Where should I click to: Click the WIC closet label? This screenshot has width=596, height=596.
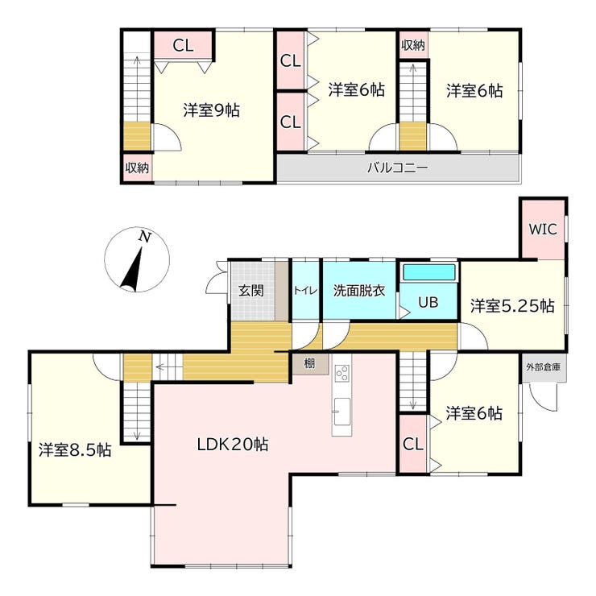(x=543, y=230)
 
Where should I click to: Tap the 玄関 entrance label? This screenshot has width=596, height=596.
(x=250, y=291)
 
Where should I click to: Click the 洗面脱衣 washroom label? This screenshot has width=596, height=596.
(x=359, y=291)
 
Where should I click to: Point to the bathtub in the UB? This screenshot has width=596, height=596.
(x=429, y=272)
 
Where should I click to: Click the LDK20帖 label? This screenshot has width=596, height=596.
(x=233, y=444)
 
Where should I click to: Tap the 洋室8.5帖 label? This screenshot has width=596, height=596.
(x=75, y=450)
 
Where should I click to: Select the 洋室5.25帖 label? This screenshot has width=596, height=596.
(x=512, y=306)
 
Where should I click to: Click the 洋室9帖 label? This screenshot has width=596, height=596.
(x=211, y=110)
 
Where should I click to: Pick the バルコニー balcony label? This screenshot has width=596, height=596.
(x=398, y=168)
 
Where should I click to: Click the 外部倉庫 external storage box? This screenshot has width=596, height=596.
(x=544, y=368)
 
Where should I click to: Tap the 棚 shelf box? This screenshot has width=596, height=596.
(x=310, y=364)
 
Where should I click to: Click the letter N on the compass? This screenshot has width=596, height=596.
(x=144, y=237)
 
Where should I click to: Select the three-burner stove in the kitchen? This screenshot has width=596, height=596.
(x=341, y=373)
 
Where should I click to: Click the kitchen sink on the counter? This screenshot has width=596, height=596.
(x=341, y=412)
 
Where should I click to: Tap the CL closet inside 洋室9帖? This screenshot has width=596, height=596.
(x=183, y=45)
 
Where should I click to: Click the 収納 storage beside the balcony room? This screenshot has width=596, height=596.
(x=413, y=45)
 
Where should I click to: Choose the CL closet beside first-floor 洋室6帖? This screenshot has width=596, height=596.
(x=412, y=444)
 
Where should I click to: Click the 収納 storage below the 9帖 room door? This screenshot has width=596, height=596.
(x=137, y=168)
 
